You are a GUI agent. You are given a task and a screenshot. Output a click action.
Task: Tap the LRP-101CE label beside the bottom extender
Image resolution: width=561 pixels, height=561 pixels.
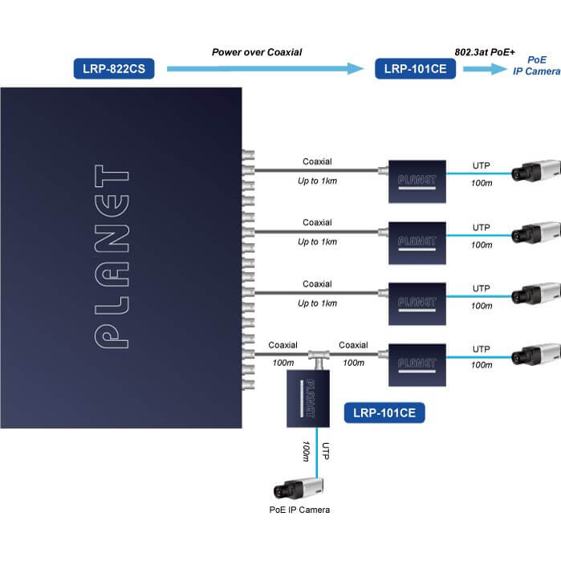[x=384, y=413]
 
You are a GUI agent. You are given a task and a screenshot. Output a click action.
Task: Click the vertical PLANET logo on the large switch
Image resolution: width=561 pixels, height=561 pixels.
[x=112, y=258]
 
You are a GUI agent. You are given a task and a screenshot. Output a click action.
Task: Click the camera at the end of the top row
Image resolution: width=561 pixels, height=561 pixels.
[x=533, y=171]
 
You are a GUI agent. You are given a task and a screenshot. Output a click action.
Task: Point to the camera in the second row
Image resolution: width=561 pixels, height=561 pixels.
[x=533, y=230]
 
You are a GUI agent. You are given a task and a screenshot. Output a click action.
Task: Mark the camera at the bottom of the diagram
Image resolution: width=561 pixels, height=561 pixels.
[x=299, y=488]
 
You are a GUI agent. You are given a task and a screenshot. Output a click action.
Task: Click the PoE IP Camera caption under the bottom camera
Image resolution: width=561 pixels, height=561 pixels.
[x=299, y=510]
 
